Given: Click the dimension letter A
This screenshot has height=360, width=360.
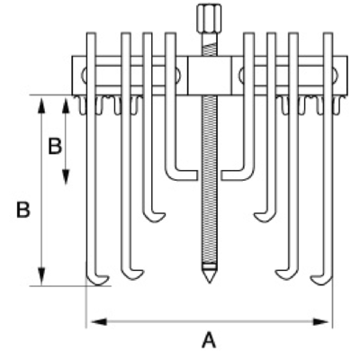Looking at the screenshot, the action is (209, 340).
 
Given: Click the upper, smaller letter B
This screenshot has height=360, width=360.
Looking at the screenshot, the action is (55, 147).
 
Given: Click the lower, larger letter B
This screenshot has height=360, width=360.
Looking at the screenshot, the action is (23, 210).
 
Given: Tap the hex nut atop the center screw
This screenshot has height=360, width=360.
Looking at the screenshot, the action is (210, 15).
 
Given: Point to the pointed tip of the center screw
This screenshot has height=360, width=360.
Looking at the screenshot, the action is (209, 283).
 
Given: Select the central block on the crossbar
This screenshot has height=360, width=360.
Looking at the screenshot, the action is (210, 76).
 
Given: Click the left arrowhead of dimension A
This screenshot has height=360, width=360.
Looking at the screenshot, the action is (99, 322).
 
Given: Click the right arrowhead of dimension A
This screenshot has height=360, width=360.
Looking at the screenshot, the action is (320, 322).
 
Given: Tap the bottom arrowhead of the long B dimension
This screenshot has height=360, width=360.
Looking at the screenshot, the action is (42, 275).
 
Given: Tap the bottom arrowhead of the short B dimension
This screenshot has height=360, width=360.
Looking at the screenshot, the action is (66, 177).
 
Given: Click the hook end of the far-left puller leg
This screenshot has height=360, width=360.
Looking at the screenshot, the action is (97, 280).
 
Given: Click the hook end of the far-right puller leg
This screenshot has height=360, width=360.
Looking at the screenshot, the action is (321, 280).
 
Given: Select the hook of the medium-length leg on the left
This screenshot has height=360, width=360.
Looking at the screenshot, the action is (154, 217).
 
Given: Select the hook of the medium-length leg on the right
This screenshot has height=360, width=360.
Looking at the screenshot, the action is (265, 217).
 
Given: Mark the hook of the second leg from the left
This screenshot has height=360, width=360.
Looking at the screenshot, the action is (132, 274).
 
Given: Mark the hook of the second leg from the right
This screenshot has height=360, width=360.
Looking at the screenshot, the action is (287, 274).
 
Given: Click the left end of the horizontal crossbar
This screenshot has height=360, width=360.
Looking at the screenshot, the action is (73, 76).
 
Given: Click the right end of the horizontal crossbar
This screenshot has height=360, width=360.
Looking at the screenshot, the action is (347, 76).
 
